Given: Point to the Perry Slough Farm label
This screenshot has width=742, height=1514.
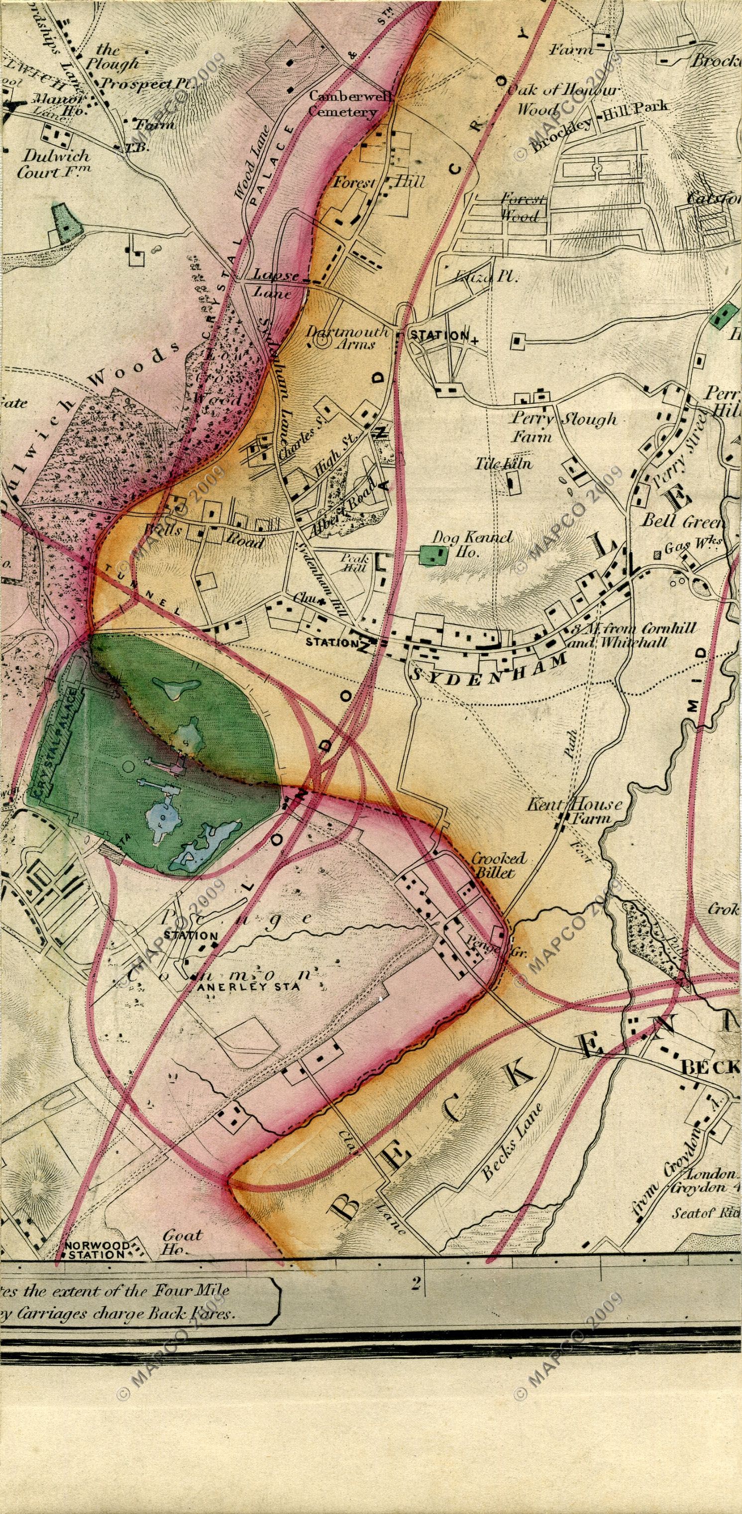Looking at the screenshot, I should coord(562,427).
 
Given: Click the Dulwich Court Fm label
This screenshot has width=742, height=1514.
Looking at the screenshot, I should coord(53,164).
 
